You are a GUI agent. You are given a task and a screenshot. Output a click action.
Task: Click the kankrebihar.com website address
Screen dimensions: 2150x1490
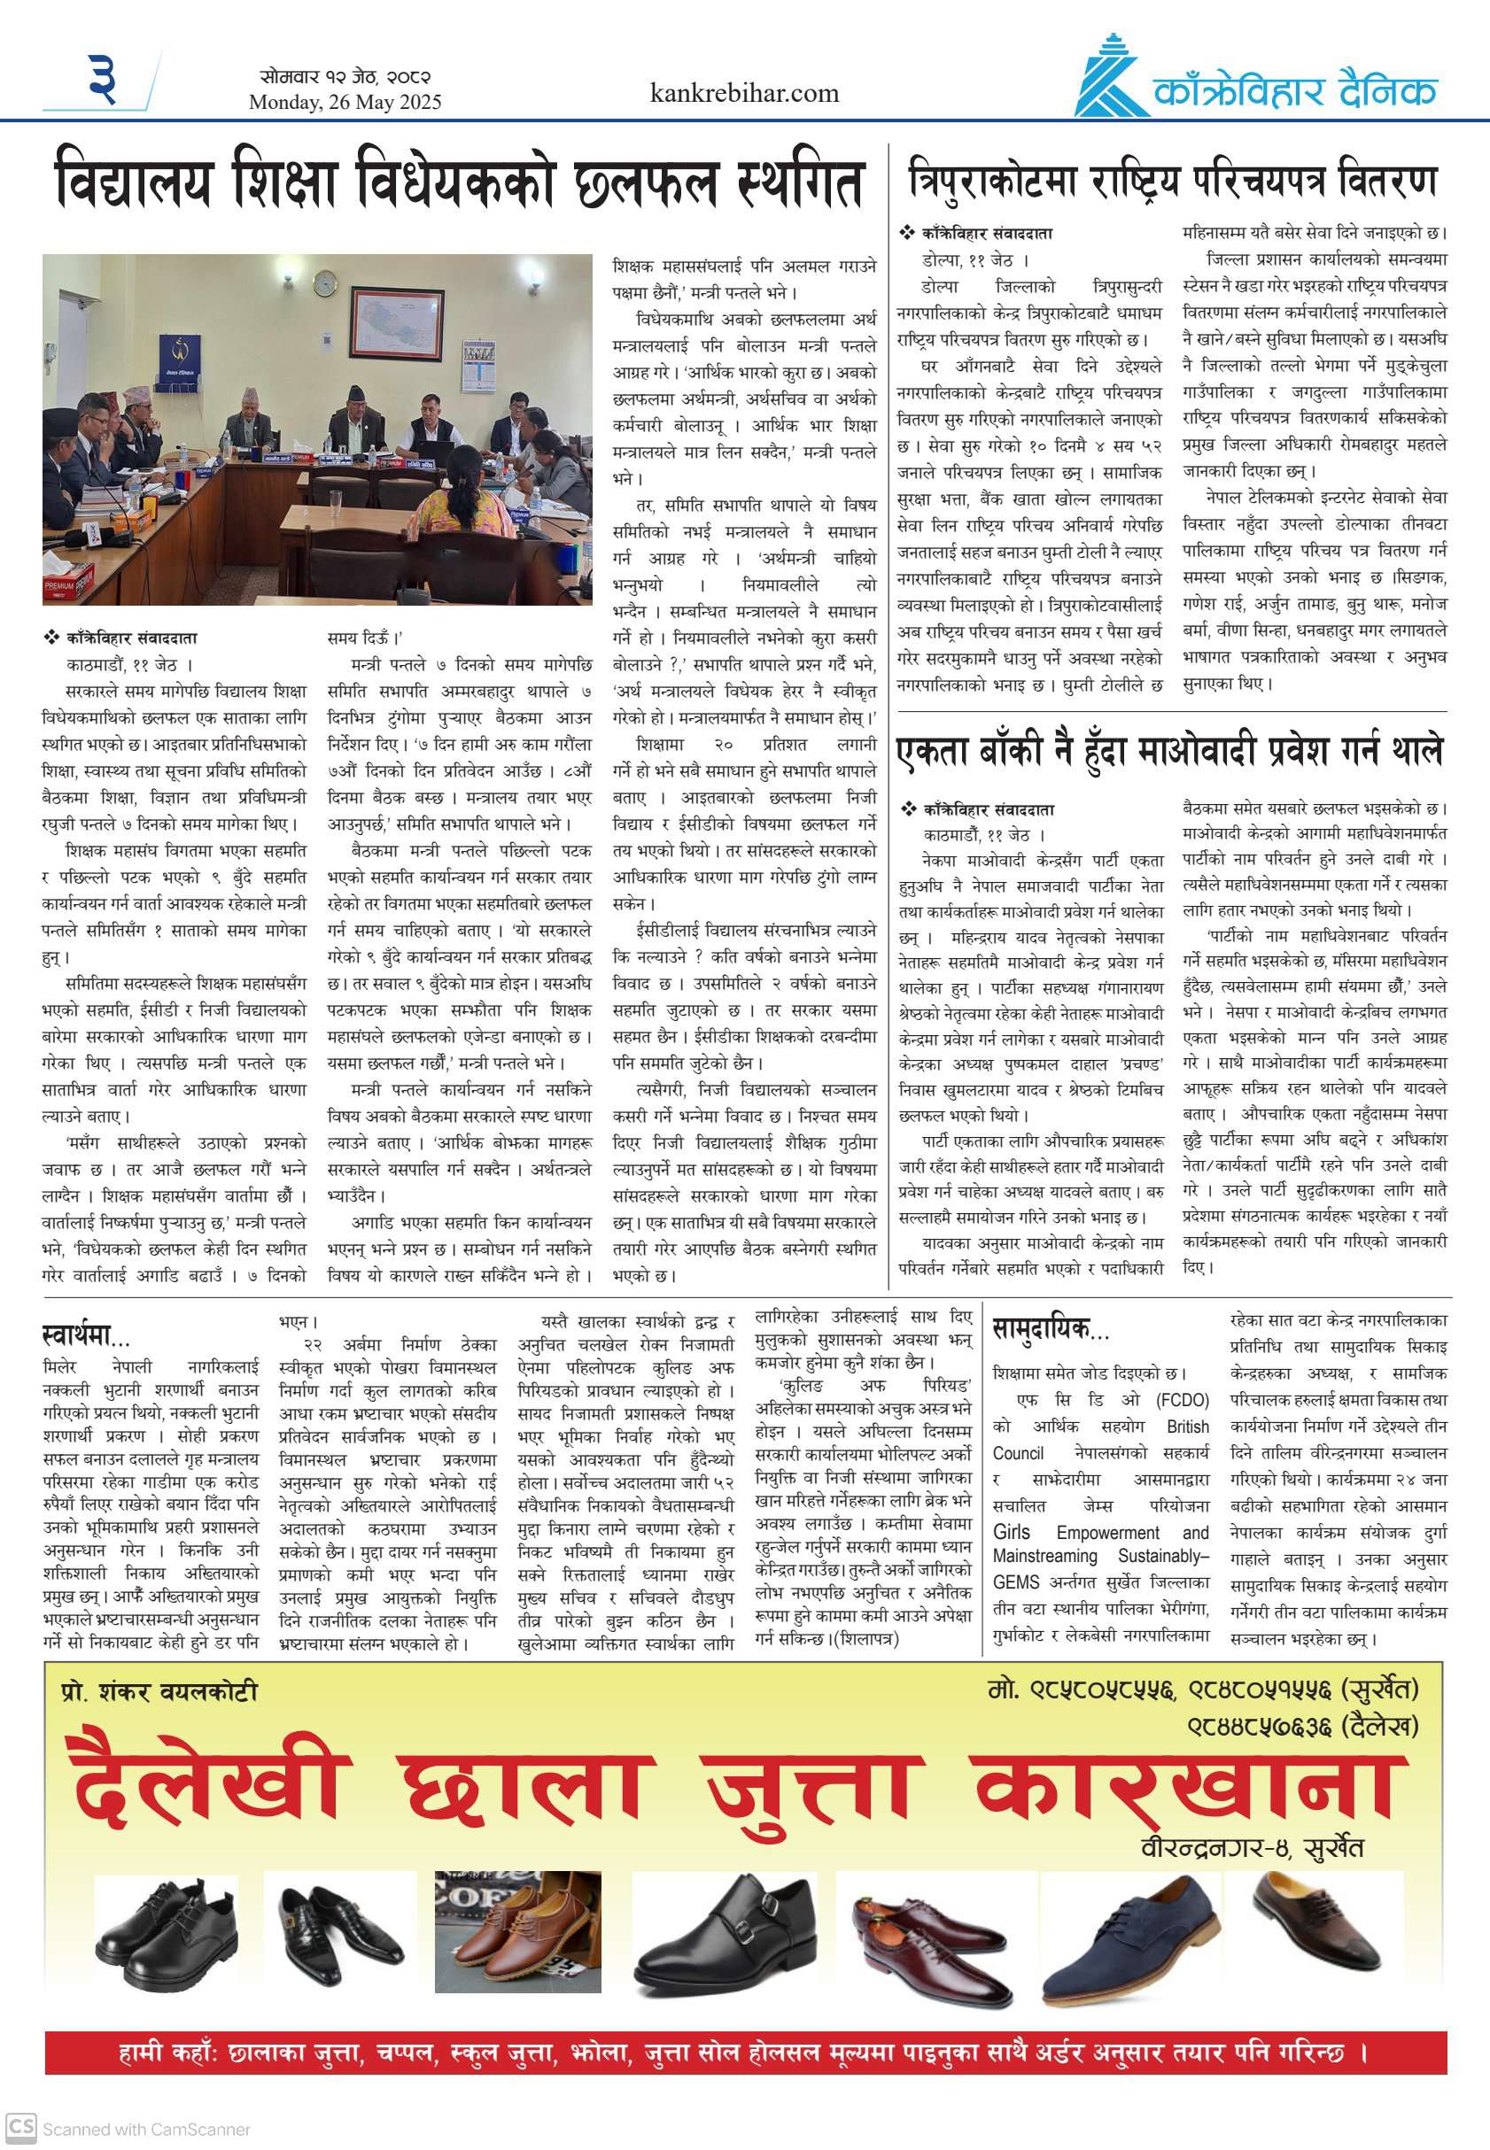pyautogui.click(x=743, y=93)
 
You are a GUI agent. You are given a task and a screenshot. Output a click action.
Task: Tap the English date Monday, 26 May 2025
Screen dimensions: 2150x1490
pyautogui.click(x=345, y=103)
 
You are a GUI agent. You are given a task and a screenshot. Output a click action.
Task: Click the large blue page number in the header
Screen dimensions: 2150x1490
pyautogui.click(x=103, y=79)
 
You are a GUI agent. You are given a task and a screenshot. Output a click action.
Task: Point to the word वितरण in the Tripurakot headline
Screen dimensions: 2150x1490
pyautogui.click(x=1386, y=179)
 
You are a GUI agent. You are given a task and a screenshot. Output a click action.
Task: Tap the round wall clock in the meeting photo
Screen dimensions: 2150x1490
pyautogui.click(x=324, y=282)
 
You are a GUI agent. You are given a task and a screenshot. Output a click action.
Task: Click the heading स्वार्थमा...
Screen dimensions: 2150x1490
pyautogui.click(x=86, y=1336)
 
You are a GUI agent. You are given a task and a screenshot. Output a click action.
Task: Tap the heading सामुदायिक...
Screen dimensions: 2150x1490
pyautogui.click(x=1050, y=1328)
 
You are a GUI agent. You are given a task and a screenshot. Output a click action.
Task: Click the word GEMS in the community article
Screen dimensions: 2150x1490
pyautogui.click(x=1015, y=1582)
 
